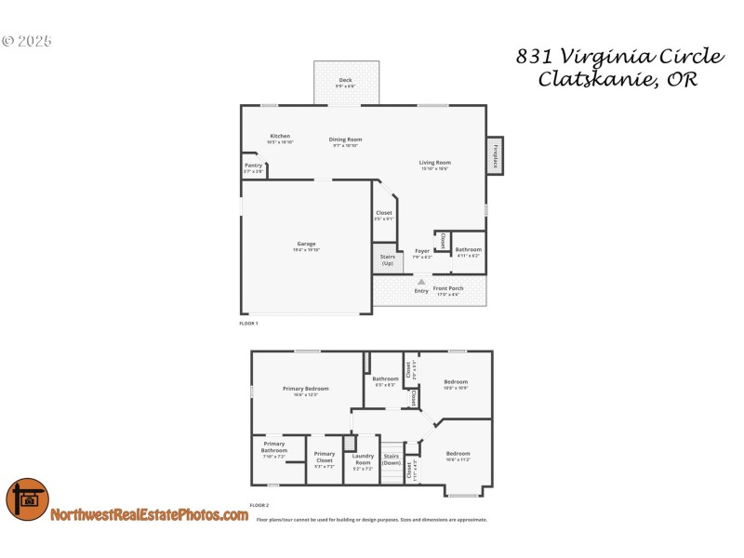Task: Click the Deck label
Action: (346, 81)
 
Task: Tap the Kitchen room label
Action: (280, 137)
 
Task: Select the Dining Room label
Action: (346, 140)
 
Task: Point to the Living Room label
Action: (435, 164)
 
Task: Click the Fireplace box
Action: (496, 154)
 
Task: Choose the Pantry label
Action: (253, 166)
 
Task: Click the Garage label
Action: (306, 245)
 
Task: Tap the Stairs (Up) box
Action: (387, 259)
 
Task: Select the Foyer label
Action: (422, 251)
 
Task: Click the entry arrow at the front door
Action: (421, 281)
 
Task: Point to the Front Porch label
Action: (448, 289)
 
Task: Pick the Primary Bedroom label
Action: (305, 389)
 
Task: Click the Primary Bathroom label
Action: (274, 447)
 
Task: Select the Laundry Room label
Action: (363, 458)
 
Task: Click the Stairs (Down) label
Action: (392, 458)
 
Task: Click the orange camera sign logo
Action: (27, 499)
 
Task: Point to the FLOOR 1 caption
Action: (249, 324)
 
